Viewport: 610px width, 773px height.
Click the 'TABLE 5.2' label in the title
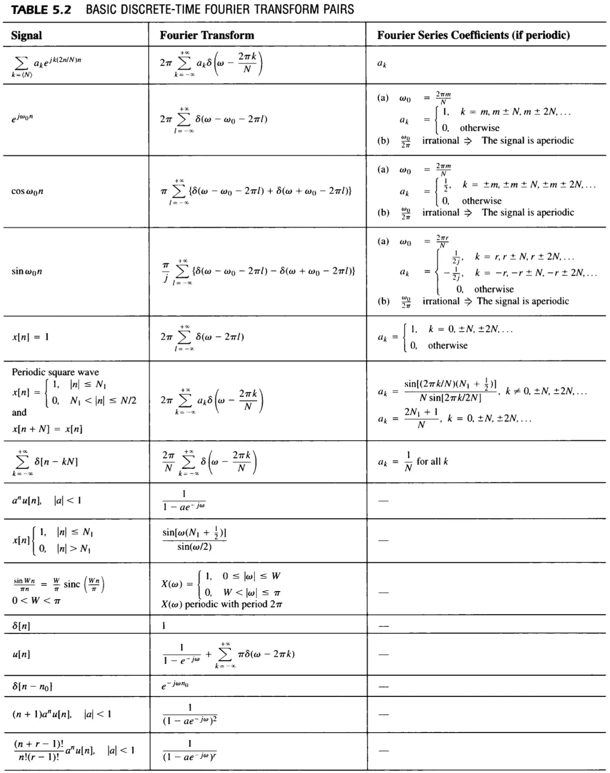click(41, 9)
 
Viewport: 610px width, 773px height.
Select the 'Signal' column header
click(26, 35)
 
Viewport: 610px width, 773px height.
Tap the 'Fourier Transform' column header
click(207, 35)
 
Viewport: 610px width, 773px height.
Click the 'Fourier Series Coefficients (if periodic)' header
click(473, 35)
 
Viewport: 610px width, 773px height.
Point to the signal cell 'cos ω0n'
click(28, 191)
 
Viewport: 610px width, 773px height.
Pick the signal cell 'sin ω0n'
click(27, 271)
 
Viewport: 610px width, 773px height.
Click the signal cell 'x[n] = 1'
click(31, 337)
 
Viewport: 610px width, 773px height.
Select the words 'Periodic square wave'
click(55, 372)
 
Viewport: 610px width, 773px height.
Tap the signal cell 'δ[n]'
click(21, 625)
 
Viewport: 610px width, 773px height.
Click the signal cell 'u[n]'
click(21, 654)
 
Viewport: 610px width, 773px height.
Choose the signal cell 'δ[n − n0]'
click(32, 686)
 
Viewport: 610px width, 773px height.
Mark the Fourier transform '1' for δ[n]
click(164, 625)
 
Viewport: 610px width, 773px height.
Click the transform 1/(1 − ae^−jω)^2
click(190, 714)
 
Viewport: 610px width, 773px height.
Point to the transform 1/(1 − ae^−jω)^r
click(190, 750)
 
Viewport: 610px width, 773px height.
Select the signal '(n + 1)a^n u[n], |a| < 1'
click(62, 714)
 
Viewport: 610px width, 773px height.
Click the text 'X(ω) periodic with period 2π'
click(222, 604)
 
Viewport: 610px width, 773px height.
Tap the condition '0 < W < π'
click(36, 600)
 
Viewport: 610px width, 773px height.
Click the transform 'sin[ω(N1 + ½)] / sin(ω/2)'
click(195, 539)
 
